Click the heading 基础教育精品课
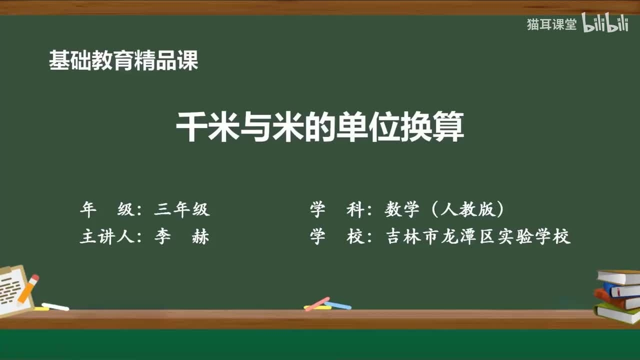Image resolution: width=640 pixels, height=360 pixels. (123, 60)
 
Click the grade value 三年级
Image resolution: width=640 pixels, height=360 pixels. (181, 209)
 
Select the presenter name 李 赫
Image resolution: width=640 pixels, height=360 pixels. (181, 236)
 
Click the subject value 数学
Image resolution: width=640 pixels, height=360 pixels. (402, 209)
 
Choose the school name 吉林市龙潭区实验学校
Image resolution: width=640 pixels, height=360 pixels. (478, 236)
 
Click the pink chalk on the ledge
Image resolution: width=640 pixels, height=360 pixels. (317, 303)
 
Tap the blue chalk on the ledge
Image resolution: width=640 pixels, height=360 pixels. (338, 305)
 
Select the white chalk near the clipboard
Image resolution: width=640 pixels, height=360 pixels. (55, 306)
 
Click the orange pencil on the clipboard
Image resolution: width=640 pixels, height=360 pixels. (28, 288)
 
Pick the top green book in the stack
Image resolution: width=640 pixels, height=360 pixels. (619, 276)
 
